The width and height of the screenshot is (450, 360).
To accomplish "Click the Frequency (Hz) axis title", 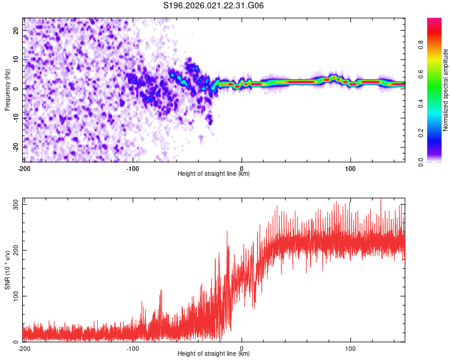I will coord(7,90).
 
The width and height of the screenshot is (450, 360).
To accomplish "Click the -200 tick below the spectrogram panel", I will coord(24,168).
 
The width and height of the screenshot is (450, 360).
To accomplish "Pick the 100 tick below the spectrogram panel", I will coord(350,168).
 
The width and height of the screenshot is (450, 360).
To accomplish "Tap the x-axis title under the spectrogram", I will coord(214,174).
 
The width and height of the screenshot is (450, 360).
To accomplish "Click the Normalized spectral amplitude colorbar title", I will coord(446,90).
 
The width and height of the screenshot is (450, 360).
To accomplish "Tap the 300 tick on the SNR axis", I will coord(14,205).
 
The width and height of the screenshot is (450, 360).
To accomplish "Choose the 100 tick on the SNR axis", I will coord(14,296).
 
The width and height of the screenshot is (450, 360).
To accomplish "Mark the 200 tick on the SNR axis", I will coord(14,250).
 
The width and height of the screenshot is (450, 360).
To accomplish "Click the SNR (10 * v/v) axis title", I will coord(7,273).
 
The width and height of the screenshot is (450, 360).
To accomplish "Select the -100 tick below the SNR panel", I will coord(133,348).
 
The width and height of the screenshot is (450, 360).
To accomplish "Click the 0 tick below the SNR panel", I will coord(242,348).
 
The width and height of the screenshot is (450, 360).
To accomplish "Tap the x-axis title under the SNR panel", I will coord(214,354).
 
